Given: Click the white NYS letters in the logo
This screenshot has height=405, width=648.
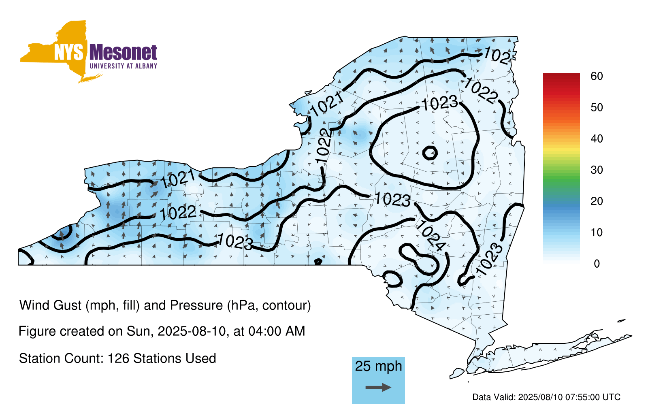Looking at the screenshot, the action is coord(69,53).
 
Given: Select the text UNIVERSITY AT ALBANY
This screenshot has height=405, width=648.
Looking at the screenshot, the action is coord(124,66).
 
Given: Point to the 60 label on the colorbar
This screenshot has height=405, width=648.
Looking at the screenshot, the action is coord(597,76).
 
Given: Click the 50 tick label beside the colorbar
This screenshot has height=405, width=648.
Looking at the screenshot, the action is coord(597,107).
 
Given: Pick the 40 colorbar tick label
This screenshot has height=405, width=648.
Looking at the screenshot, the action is coord(597,139).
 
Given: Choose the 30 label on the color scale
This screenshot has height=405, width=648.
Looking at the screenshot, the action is coord(597,170).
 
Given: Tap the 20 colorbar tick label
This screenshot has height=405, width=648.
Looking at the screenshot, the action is coord(597,201).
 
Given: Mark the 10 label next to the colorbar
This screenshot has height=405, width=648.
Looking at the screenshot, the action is coord(597,232).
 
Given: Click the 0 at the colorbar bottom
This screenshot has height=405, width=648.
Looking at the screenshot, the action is coord(597,264).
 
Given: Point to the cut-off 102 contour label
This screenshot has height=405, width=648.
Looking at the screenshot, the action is coord(497,55).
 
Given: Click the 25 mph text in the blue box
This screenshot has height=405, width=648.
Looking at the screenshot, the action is coord(378,366).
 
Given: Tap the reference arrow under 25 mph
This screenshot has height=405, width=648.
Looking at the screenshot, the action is coord(378,387).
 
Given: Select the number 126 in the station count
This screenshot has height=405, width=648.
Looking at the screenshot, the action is coord(118,358).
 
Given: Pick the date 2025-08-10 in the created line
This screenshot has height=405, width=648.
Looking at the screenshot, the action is coord(192,331).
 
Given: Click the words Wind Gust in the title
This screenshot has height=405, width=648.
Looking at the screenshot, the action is coord(51,305).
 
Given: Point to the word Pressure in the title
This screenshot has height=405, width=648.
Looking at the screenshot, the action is coord(196,305).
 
